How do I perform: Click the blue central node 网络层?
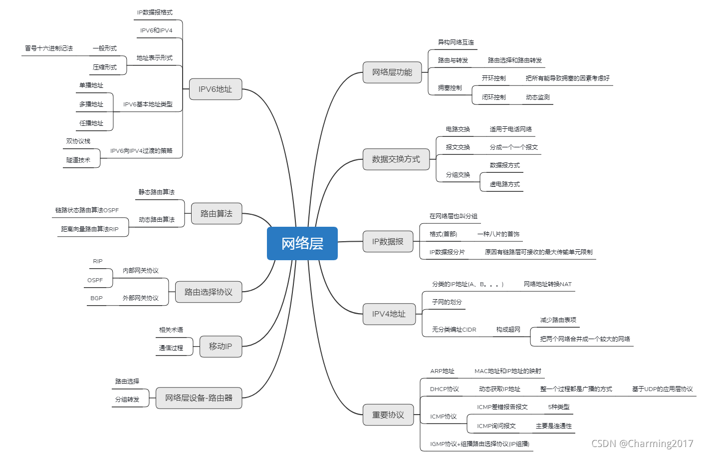[302, 243]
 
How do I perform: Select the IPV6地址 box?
[215, 89]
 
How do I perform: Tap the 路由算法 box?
[216, 213]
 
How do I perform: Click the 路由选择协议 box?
[208, 292]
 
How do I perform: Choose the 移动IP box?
[220, 346]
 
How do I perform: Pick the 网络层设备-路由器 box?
[199, 398]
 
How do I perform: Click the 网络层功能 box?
[392, 72]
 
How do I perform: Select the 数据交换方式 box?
[396, 159]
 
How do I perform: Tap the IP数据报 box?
[388, 242]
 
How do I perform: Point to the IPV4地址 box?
[389, 314]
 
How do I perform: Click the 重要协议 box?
[388, 415]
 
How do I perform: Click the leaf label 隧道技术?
[78, 160]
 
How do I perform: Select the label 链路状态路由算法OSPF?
[87, 210]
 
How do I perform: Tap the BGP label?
[96, 298]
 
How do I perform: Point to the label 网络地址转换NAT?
[547, 284]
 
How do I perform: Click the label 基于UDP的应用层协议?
[662, 389]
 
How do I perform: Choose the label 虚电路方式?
[504, 184]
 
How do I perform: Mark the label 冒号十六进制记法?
[49, 48]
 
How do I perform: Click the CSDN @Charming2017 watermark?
[642, 444]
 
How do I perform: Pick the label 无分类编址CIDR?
[454, 330]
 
